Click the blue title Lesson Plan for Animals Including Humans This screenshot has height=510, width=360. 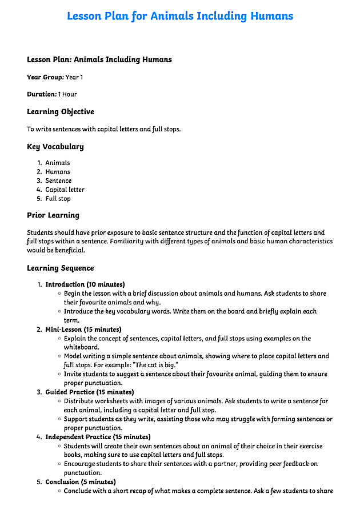(180, 16)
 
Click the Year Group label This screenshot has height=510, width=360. (45, 77)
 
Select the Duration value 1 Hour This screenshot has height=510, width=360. (67, 94)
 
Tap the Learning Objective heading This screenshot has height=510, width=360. (61, 112)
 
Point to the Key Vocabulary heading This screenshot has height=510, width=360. (55, 147)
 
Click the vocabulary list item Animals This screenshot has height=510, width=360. (58, 163)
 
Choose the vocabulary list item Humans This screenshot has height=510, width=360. (58, 172)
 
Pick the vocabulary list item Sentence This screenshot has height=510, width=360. (59, 181)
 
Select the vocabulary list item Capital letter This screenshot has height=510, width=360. (65, 190)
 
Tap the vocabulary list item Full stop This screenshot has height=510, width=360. (58, 199)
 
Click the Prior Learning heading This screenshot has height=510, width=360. (53, 215)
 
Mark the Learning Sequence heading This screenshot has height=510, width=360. (61, 268)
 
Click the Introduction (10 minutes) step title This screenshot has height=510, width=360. (85, 284)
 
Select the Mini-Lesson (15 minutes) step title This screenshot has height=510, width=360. (83, 330)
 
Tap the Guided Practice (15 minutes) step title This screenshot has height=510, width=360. (90, 392)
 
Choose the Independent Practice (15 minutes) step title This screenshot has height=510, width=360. (98, 437)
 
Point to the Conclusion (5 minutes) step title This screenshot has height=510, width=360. (81, 482)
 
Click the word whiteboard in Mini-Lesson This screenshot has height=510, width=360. (82, 347)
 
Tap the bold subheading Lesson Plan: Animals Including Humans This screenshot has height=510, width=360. (99, 59)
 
